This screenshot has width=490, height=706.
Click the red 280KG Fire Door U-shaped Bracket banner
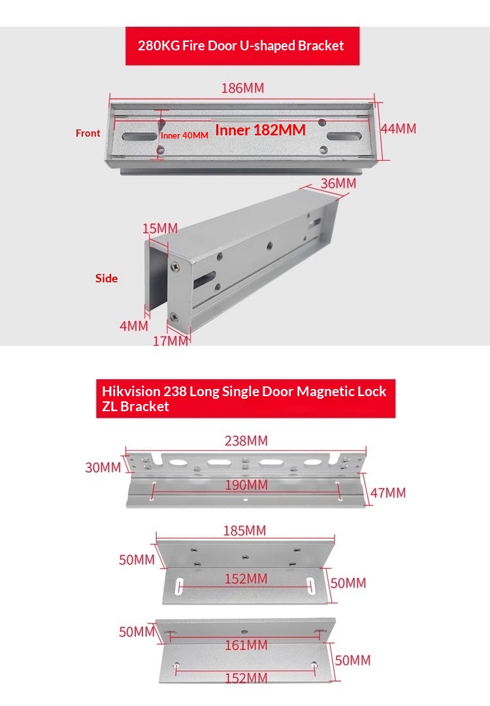242,46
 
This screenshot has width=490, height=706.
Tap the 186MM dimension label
242,88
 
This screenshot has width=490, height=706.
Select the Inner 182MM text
260,130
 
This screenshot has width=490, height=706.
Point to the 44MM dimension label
399,129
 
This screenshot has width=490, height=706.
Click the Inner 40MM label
184,135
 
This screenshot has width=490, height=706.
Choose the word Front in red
88,133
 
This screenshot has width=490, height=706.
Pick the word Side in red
106,278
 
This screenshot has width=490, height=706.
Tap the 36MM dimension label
338,183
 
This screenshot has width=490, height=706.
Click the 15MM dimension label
160,228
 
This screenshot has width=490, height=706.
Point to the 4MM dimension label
134,326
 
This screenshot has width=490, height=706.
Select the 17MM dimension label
171,341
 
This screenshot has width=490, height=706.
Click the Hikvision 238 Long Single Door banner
246,399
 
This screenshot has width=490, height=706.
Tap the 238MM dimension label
246,441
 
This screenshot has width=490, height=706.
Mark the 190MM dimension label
246,485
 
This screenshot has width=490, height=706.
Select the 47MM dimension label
388,493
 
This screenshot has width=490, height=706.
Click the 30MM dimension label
103,467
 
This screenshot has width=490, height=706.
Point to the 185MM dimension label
245,530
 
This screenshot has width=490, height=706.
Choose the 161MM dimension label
246,645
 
